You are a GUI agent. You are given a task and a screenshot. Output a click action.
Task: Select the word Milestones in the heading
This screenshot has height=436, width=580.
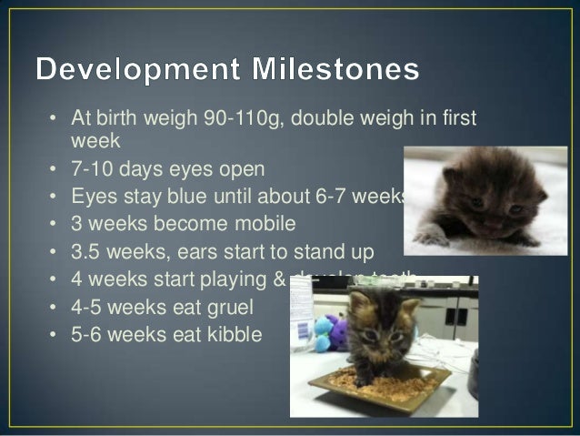tap(343, 69)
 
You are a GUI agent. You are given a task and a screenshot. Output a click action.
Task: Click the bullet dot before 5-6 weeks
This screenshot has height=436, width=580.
tap(54, 335)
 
